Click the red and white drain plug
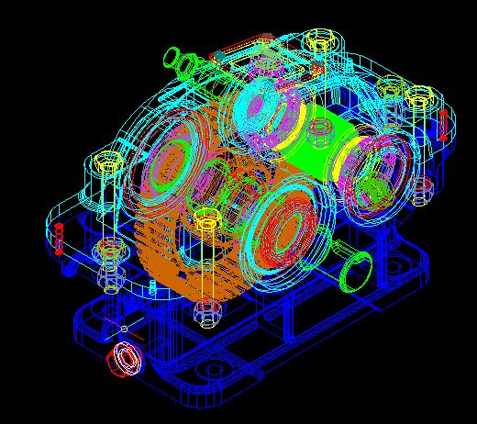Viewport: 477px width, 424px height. tap(123, 360)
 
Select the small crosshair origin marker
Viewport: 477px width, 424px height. tap(124, 328)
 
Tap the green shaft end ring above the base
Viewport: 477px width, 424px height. tap(353, 271)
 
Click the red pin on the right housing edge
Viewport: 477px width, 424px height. tap(443, 122)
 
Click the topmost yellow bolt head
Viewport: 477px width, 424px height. tap(319, 39)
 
